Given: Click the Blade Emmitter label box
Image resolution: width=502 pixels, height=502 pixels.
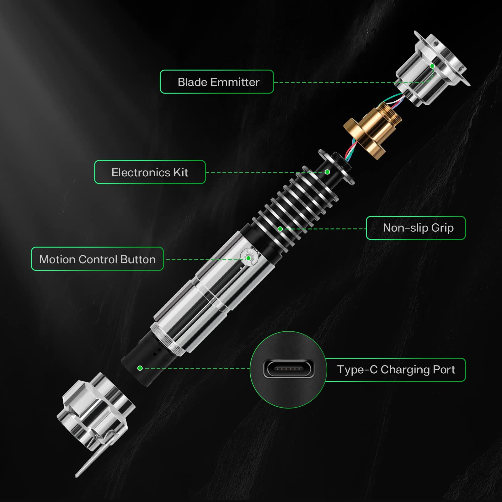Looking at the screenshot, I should [217, 82].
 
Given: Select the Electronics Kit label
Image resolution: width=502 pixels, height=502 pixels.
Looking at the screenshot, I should [150, 172].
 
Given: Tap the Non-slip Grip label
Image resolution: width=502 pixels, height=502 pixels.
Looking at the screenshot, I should [416, 228].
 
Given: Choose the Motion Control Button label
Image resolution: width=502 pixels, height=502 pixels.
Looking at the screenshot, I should [97, 259].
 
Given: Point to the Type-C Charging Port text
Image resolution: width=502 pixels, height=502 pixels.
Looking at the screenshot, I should [396, 370].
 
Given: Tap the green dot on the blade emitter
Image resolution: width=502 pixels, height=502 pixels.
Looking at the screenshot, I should [432, 66].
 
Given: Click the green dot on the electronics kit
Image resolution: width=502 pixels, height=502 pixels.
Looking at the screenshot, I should [327, 172].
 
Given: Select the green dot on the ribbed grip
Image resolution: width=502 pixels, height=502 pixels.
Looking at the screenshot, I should [280, 229].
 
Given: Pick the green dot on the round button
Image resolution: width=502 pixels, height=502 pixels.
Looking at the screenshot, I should [248, 258].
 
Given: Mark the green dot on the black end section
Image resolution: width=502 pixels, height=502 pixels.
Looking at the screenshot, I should [140, 368].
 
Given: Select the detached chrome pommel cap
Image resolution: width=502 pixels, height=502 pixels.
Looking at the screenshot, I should [96, 411].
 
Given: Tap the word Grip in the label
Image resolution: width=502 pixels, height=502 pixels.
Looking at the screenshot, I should [442, 228].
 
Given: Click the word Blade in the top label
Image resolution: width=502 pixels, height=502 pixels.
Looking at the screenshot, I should [192, 82].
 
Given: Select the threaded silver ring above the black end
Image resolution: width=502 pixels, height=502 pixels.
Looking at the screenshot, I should [168, 339].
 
